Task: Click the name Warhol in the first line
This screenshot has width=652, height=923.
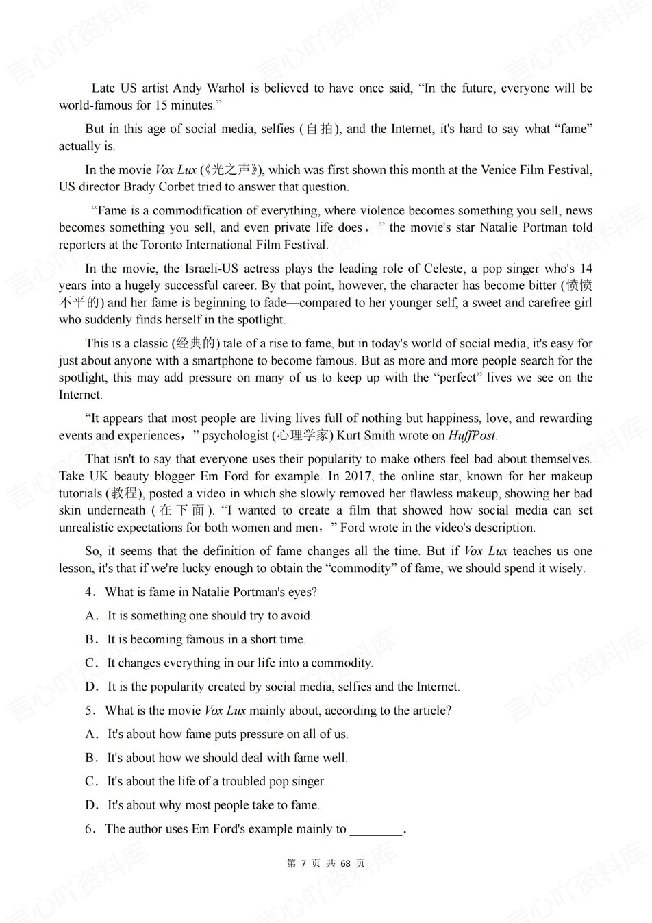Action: (225, 88)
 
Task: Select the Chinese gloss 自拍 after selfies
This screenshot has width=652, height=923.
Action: (319, 129)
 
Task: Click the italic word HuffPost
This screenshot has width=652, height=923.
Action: (472, 436)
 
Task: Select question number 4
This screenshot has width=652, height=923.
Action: (90, 592)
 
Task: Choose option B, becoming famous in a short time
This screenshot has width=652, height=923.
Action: (206, 639)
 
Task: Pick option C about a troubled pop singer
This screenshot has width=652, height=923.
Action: (216, 781)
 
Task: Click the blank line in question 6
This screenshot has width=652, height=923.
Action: (376, 830)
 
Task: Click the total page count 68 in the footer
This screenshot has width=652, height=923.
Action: (346, 863)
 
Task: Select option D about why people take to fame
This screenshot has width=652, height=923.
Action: (213, 805)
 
